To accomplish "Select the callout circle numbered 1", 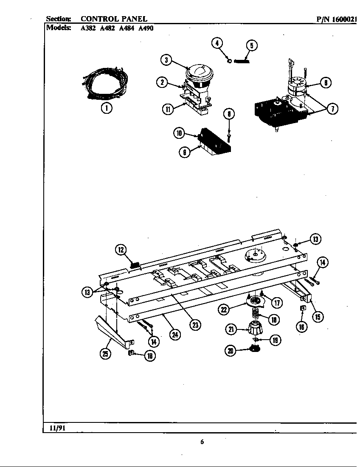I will pos(106,108).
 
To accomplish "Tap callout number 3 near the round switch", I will pos(166,60).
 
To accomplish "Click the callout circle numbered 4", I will pos(217,43).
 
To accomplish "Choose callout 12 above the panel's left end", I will pos(121,250).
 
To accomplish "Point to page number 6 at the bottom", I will pos(202,442).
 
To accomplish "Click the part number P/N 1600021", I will pos(336,19).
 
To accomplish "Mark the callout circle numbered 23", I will pos(194,325).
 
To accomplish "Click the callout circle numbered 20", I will pos(231,351).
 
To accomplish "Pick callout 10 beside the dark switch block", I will pos(180,134).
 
